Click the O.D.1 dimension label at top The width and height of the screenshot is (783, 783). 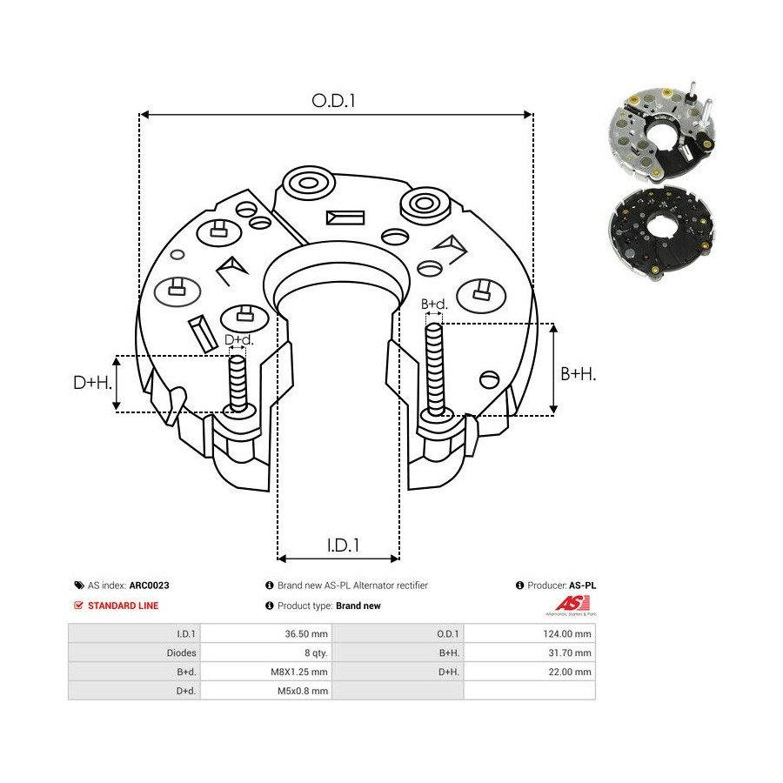pos(334,100)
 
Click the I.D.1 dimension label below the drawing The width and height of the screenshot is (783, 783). pos(344,545)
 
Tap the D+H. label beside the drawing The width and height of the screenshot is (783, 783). pos(91,382)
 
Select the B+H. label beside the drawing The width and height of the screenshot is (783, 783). pos(578,373)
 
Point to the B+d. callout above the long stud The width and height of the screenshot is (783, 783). pos(434,304)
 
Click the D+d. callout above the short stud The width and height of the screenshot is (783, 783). pos(238,340)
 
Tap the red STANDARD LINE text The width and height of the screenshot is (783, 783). pos(123,606)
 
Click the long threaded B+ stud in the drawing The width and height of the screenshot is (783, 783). pos(434,365)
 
